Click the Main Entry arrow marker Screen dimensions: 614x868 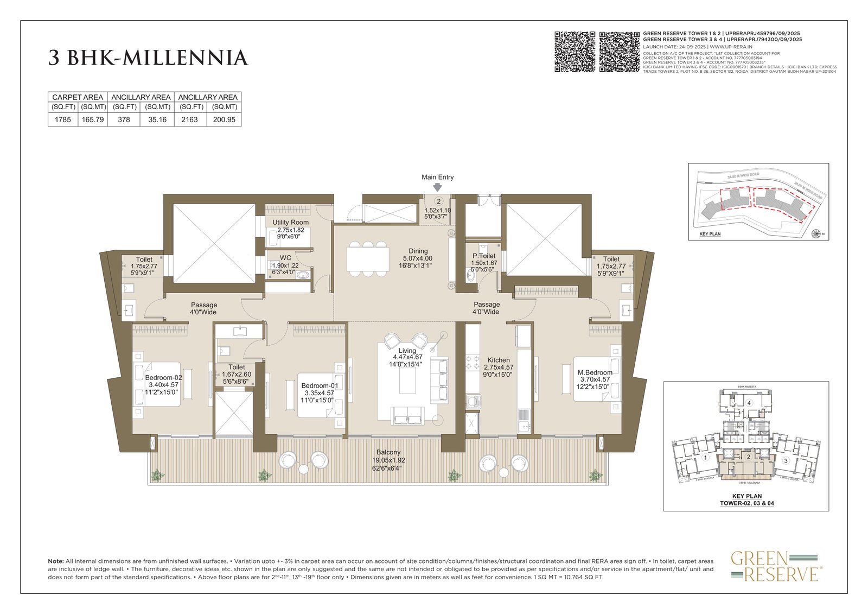(x=437, y=187)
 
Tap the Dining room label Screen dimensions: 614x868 (x=418, y=251)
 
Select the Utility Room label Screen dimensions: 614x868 (x=290, y=222)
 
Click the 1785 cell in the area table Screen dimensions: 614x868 (x=63, y=119)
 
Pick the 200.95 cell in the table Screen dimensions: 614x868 (x=224, y=119)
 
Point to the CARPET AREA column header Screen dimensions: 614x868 (x=78, y=97)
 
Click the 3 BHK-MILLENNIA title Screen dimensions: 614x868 (x=148, y=58)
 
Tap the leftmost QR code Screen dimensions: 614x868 (x=575, y=52)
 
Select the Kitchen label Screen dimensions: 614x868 (x=498, y=360)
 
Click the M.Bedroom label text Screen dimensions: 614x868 (x=595, y=372)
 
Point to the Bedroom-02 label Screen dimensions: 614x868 (x=163, y=377)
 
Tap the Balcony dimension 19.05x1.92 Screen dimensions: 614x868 (x=388, y=460)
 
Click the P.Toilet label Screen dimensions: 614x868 (x=484, y=256)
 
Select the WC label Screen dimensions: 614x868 (x=285, y=258)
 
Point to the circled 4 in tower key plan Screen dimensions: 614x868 (x=749, y=403)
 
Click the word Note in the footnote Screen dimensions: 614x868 (x=56, y=561)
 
